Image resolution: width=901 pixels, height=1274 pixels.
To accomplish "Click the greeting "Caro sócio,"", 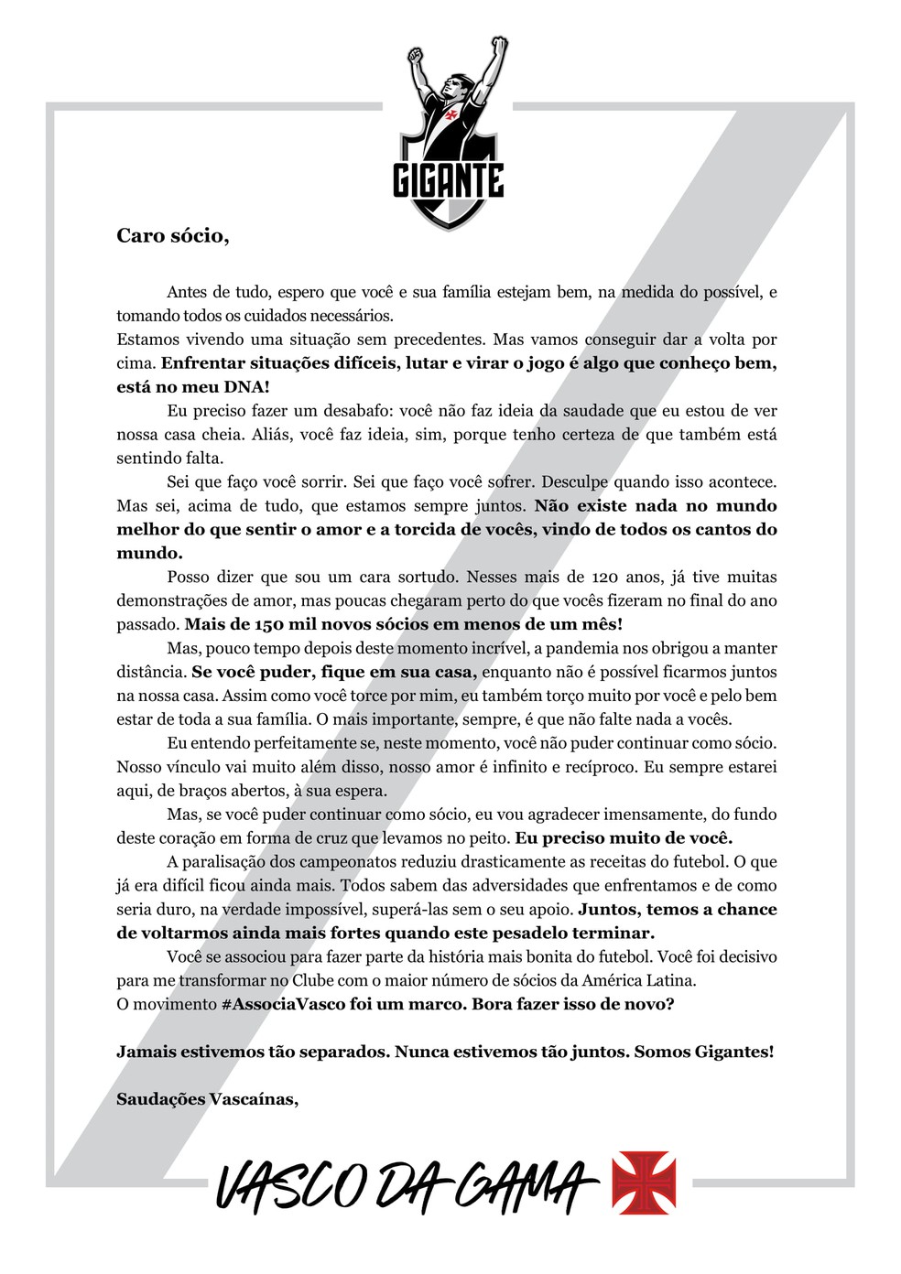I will tap(172, 236).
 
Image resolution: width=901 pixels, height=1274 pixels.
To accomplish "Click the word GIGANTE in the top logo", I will tap(448, 180).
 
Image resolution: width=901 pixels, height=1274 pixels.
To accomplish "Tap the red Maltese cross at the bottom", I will tap(644, 1182).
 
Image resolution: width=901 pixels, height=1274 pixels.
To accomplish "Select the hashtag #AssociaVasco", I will tap(283, 1004).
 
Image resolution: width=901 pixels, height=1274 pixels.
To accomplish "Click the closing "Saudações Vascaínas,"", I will tap(207, 1099).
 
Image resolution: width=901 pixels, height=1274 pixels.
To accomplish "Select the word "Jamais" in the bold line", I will tap(146, 1052).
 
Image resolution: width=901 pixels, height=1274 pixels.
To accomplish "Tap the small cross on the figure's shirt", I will tap(450, 115).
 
